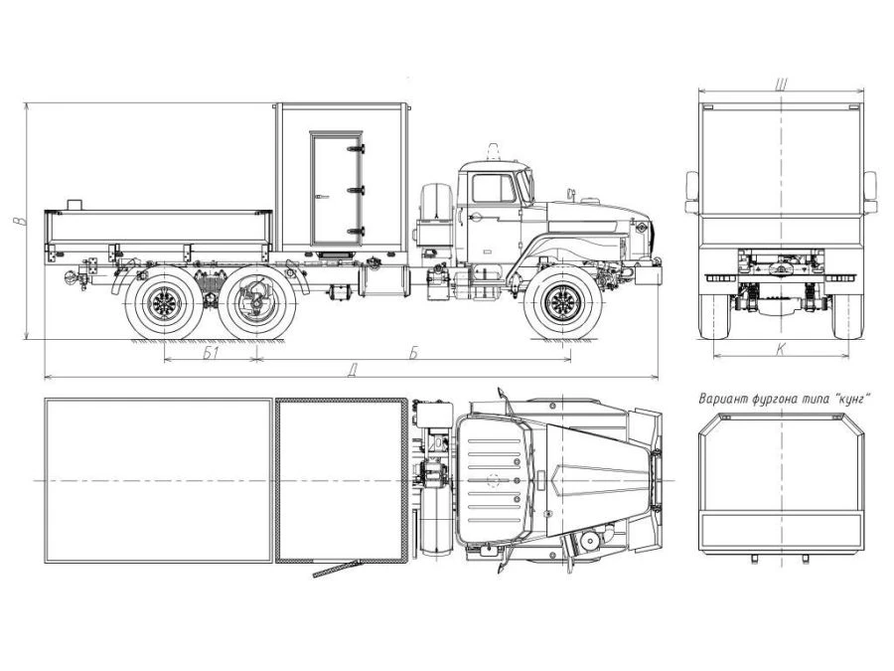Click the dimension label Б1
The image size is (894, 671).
211,353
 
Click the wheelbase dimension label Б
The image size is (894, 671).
413,353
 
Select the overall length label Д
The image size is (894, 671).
353,371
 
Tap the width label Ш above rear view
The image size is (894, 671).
781,84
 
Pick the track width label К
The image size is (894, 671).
780,349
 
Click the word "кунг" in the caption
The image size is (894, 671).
852,399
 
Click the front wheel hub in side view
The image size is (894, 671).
563,302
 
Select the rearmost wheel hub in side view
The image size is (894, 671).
164,302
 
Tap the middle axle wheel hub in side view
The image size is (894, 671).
257,302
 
